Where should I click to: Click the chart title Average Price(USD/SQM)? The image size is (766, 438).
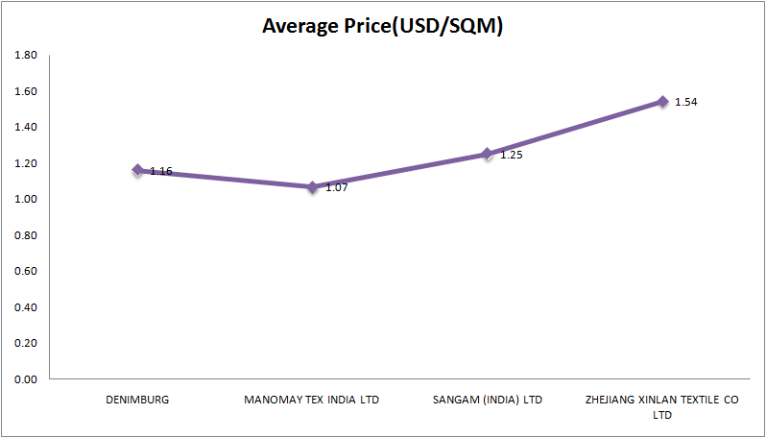[383, 26]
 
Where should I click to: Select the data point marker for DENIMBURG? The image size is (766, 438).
[138, 170]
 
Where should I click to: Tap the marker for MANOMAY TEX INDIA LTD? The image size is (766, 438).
[312, 186]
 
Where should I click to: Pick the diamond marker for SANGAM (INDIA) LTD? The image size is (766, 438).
[487, 154]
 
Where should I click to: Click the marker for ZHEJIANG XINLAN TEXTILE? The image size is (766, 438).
[662, 101]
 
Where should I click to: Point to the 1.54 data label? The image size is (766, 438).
[685, 102]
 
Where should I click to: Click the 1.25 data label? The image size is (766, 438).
[511, 155]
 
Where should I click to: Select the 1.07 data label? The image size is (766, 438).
[336, 187]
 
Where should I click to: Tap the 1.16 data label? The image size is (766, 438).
[161, 171]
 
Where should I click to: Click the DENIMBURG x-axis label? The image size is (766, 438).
[137, 400]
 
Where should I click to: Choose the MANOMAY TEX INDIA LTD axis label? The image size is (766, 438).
[312, 400]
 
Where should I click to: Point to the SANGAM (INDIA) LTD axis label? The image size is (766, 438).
[487, 400]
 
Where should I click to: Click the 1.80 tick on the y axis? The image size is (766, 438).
[26, 56]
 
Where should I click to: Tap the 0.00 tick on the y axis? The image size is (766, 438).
[26, 379]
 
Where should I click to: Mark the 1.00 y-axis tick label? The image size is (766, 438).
[26, 200]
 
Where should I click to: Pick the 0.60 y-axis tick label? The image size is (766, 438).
[26, 272]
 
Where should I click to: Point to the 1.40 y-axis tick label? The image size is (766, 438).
[26, 128]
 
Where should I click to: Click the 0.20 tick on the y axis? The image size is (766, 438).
[26, 344]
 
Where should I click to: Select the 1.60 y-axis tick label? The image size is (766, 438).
[26, 91]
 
